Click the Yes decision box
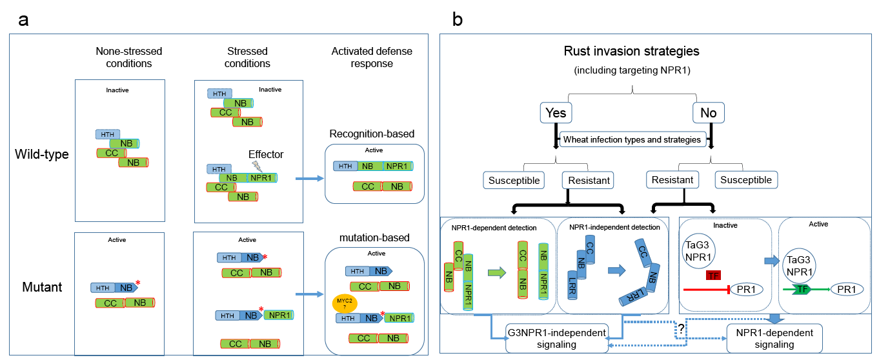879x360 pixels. click(x=556, y=114)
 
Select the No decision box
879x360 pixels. click(x=708, y=114)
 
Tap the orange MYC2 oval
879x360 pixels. click(x=341, y=303)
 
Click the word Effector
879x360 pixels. click(x=267, y=154)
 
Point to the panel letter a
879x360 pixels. click(x=23, y=19)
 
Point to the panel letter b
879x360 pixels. click(x=457, y=19)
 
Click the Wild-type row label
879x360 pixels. click(x=42, y=155)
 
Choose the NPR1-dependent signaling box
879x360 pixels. click(x=774, y=338)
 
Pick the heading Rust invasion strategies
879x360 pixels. click(x=631, y=50)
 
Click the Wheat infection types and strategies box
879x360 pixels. click(x=632, y=139)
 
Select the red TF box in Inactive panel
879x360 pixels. click(x=713, y=276)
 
